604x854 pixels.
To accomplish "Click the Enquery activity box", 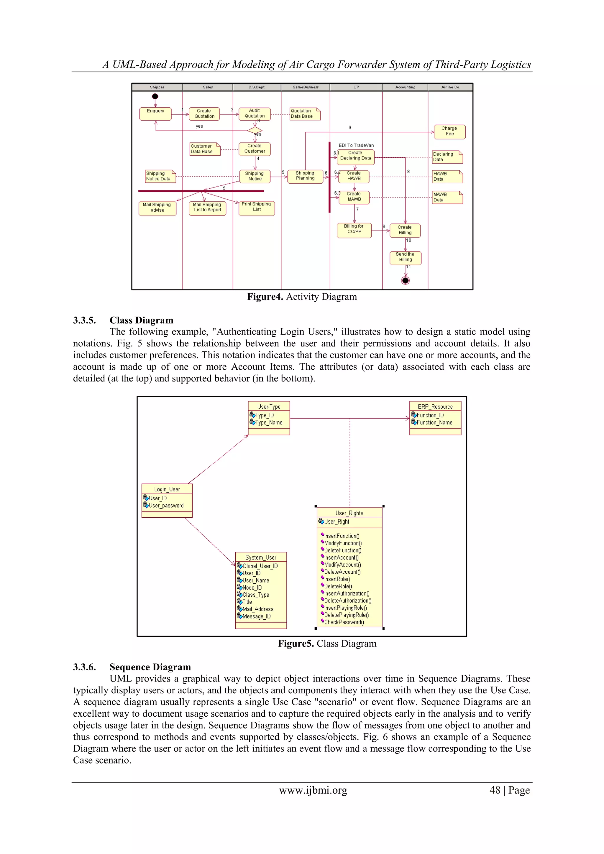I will point(155,113).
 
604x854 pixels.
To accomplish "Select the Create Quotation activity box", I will point(204,113).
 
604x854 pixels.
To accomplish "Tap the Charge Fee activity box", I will point(449,131).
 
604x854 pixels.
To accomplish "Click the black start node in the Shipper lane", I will point(155,96).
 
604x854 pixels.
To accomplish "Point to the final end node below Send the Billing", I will point(405,280).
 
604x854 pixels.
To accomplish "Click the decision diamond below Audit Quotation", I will point(255,130).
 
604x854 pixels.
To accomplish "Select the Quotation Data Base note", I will point(304,113).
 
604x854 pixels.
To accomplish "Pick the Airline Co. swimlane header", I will point(450,87).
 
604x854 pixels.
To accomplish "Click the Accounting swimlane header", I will point(405,87).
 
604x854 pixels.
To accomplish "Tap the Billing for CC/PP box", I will point(354,230).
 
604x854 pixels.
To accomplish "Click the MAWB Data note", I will point(447,197).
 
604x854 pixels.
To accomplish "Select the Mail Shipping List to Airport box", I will point(207,208).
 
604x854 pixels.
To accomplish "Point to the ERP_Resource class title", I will point(435,407).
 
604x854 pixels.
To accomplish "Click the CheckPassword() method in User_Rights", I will point(344,622).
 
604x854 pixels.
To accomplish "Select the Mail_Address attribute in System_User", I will point(257,609).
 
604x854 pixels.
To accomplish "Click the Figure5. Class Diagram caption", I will point(327,644).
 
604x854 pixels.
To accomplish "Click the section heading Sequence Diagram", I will point(150,667).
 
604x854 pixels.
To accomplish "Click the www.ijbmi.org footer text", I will point(313,790).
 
